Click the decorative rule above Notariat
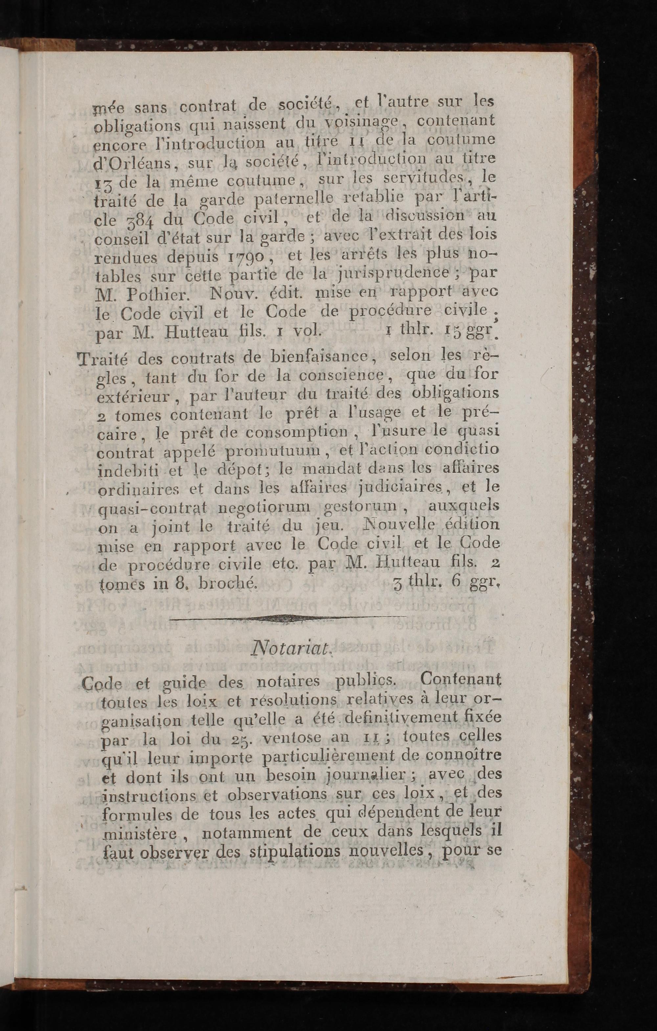click(288, 618)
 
